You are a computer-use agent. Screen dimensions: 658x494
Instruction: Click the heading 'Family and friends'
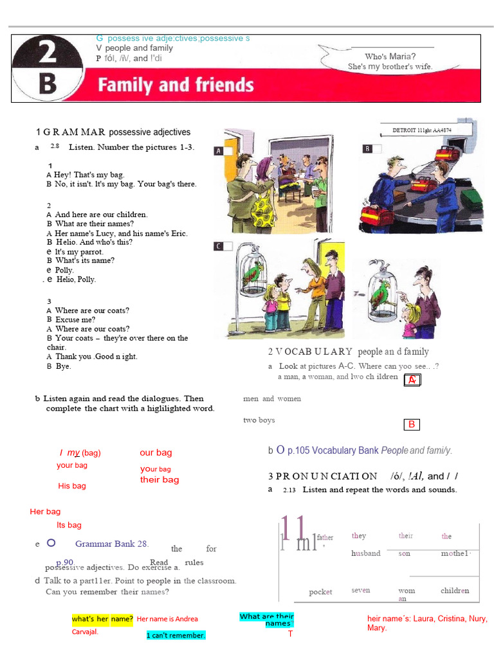click(176, 85)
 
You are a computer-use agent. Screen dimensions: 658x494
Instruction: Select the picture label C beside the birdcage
click(219, 246)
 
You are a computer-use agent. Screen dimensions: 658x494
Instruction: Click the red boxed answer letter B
click(412, 424)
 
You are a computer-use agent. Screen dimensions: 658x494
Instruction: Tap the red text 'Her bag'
click(45, 511)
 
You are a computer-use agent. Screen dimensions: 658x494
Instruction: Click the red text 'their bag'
click(160, 479)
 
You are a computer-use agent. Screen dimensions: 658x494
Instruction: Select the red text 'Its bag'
click(69, 525)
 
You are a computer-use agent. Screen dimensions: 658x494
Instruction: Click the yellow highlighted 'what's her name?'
click(102, 619)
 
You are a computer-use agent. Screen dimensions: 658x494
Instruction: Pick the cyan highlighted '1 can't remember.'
click(176, 636)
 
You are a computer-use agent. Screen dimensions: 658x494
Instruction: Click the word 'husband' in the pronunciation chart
click(365, 553)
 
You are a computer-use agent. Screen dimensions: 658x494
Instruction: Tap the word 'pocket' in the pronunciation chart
click(320, 592)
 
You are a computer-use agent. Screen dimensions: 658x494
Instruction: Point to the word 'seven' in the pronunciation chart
click(360, 590)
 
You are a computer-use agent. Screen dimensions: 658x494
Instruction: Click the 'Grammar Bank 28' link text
click(112, 544)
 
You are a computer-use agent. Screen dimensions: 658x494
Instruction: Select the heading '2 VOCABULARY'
click(310, 351)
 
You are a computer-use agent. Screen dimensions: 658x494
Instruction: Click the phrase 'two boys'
click(259, 420)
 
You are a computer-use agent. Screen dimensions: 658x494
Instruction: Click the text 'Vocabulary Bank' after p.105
click(347, 450)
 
